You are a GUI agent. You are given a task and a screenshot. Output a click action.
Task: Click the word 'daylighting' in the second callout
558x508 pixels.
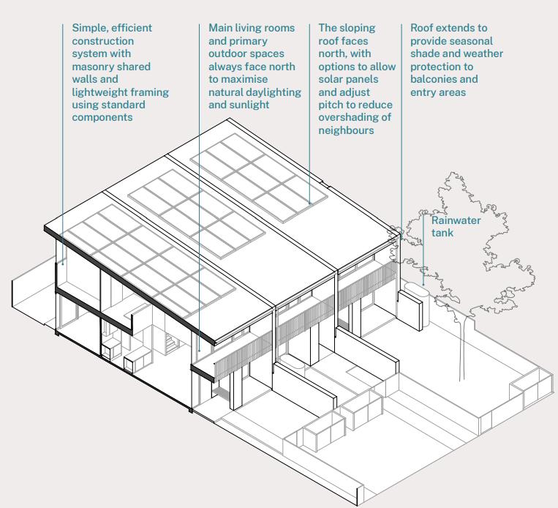point(274,92)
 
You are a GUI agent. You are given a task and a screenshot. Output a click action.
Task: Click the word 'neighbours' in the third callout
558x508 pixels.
point(346,131)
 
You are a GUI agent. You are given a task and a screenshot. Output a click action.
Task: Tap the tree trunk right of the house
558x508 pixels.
point(461,351)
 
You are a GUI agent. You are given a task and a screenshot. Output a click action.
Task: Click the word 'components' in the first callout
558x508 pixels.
point(102,118)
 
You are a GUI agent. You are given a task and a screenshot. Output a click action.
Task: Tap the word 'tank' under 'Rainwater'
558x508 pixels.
point(442,234)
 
